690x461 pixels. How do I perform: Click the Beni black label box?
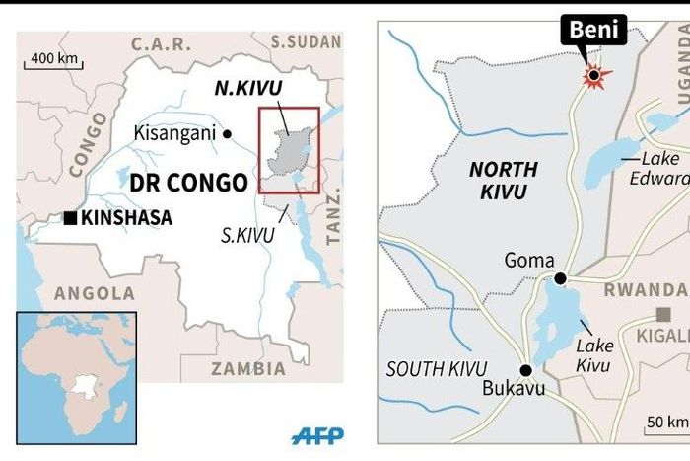click(594, 31)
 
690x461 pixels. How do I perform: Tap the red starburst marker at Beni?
click(593, 74)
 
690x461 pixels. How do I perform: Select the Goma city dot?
click(560, 279)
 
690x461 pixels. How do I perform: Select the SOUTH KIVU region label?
click(437, 368)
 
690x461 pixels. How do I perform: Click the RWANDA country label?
click(647, 289)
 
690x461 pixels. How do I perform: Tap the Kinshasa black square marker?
click(70, 218)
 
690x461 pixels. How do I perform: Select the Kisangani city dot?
click(228, 133)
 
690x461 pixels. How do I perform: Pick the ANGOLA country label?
click(95, 293)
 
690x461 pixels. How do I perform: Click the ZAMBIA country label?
click(249, 368)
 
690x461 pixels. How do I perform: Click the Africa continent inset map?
click(75, 363)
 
